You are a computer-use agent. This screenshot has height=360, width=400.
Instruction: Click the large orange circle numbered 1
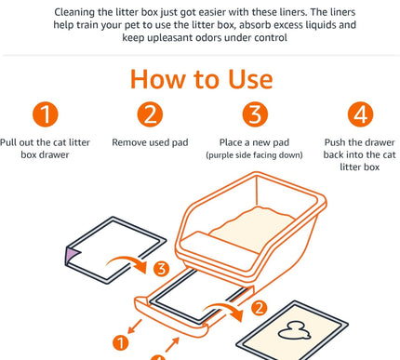point(46,114)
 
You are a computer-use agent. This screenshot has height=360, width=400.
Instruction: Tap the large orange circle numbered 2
point(150,114)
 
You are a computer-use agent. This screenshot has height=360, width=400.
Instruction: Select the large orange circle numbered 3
point(255,114)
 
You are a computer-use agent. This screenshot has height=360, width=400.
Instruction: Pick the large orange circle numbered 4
point(360,114)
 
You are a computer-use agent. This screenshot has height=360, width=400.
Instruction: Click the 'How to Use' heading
point(202,79)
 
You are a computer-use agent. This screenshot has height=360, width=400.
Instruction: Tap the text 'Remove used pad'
point(150,142)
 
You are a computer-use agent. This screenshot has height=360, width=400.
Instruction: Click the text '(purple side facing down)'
point(254,155)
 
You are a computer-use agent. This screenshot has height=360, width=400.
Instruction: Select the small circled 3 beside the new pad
point(161,269)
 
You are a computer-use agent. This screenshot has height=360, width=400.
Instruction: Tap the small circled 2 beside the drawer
point(259,308)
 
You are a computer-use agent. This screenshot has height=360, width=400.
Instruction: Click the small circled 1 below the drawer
point(120,343)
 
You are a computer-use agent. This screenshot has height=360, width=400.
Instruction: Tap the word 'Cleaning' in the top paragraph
point(74,12)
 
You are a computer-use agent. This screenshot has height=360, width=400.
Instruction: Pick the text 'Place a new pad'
point(254,142)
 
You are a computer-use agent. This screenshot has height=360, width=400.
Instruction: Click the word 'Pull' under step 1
point(8,142)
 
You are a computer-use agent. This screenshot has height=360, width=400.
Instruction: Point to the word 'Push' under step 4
point(335,142)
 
